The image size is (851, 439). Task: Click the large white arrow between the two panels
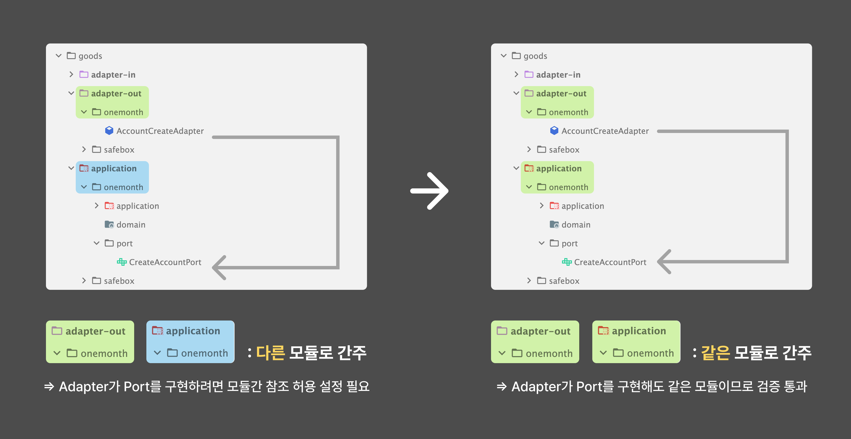(429, 191)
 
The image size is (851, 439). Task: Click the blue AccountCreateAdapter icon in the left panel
(109, 131)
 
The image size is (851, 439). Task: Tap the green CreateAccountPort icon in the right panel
(566, 262)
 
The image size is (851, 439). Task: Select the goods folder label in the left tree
(90, 56)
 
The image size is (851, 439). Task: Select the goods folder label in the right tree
(535, 56)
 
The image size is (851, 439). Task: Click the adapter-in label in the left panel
(113, 75)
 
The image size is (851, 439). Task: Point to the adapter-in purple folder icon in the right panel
(529, 74)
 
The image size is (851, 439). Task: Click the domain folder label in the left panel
(131, 225)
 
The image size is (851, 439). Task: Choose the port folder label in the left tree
(125, 244)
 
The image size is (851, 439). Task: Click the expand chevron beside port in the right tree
(542, 243)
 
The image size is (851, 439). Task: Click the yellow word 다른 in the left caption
(271, 352)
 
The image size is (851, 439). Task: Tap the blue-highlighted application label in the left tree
(114, 168)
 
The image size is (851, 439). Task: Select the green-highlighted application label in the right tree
(559, 168)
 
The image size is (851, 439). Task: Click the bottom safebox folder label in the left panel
(119, 281)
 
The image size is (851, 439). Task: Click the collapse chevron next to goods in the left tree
(58, 56)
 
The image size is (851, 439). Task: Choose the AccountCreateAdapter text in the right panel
(605, 131)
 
